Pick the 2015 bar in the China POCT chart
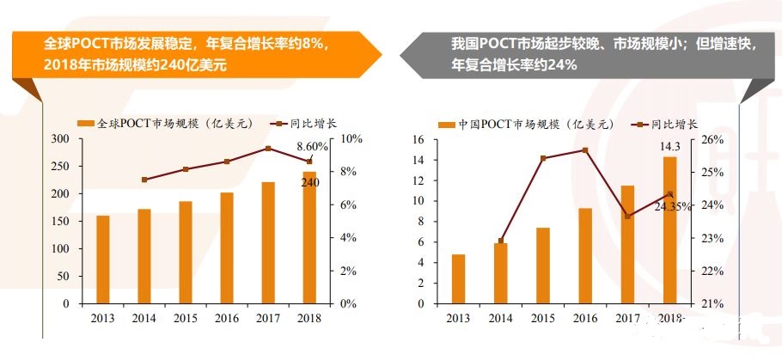[543, 265]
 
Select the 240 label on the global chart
[310, 181]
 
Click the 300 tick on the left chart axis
[60, 139]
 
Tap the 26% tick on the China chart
[717, 139]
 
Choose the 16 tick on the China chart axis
[418, 139]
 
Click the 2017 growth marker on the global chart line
[268, 149]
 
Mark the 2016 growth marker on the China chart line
[585, 150]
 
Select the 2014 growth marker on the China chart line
[501, 241]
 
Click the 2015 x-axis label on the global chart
[186, 318]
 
